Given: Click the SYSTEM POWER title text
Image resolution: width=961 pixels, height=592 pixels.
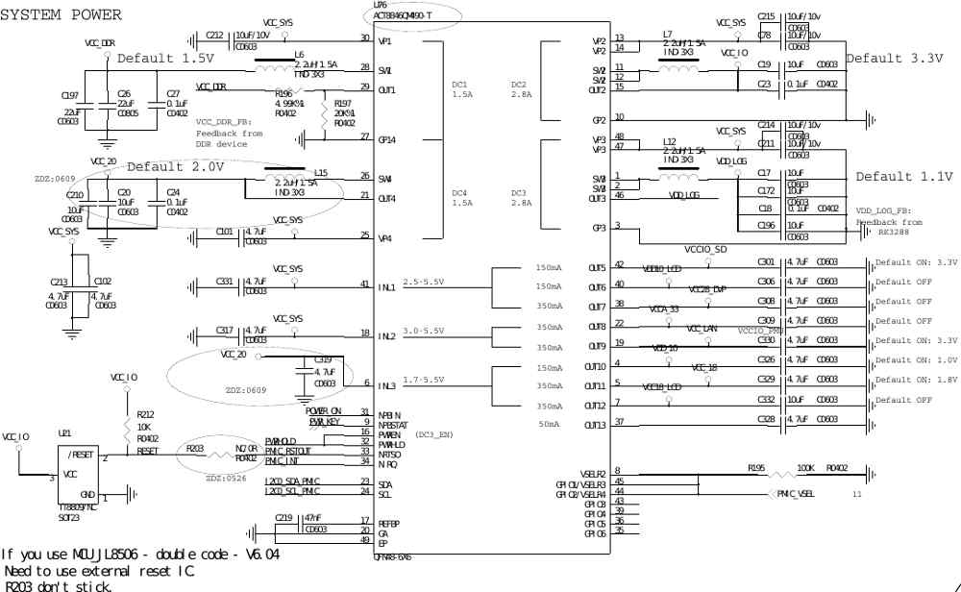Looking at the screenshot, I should click(x=62, y=15).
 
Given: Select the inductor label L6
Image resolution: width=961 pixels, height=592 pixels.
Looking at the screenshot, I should click(x=299, y=55).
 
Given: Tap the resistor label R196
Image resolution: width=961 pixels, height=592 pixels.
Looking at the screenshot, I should click(x=283, y=94).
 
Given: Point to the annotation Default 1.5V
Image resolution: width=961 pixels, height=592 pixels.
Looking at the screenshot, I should click(x=165, y=59).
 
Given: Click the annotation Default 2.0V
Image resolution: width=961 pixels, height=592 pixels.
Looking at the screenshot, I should click(x=176, y=166).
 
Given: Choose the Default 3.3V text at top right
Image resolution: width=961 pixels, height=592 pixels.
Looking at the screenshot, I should click(x=894, y=59).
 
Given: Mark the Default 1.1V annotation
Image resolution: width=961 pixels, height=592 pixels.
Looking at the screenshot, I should click(x=904, y=177).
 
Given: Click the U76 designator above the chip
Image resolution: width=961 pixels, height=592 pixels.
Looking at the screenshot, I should click(x=381, y=6).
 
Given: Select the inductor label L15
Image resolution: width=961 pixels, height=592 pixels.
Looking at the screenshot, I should click(x=321, y=173).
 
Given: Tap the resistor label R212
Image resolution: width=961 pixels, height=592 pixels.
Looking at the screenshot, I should click(x=145, y=415).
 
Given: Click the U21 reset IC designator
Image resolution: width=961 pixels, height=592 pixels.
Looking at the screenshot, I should click(x=64, y=433).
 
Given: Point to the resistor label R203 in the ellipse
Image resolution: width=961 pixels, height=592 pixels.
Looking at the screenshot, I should click(x=194, y=448).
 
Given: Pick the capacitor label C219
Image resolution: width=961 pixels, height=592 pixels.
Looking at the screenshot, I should click(x=283, y=517).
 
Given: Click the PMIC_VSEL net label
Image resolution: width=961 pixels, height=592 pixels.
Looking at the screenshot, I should click(x=797, y=494).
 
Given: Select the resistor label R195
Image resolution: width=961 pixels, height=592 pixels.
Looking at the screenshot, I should click(x=756, y=468).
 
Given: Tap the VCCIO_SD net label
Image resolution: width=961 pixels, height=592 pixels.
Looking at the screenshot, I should click(x=706, y=250).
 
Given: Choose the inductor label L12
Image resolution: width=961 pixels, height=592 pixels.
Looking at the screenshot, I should click(x=670, y=141).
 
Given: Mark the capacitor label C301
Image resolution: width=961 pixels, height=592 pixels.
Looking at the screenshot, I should click(x=766, y=261).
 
